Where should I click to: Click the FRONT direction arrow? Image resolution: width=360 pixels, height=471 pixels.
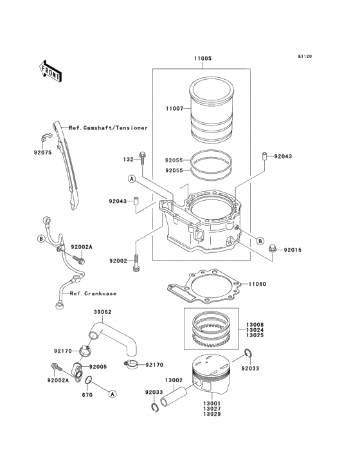point(50,71)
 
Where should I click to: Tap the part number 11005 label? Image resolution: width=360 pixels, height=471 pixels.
point(203,59)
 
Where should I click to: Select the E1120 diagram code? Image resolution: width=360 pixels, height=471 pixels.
point(305,56)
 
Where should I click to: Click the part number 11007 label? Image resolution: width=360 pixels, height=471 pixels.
point(174,109)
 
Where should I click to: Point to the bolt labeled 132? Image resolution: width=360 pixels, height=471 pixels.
point(142,158)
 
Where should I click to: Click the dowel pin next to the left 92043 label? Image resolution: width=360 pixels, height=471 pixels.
point(136,200)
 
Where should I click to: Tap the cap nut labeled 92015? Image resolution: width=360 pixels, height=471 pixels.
point(273,248)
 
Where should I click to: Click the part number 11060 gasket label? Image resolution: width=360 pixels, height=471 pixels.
point(257,284)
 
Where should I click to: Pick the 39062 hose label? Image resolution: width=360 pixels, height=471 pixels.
point(103,312)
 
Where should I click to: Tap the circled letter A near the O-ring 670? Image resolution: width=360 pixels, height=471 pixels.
point(113,394)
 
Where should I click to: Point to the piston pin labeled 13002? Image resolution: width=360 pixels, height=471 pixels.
point(174,397)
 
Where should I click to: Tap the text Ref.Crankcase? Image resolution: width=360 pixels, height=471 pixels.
point(93,293)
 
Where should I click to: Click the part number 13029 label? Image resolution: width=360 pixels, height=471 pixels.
point(212,414)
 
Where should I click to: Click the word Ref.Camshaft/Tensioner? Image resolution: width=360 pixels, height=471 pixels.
point(108,128)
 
